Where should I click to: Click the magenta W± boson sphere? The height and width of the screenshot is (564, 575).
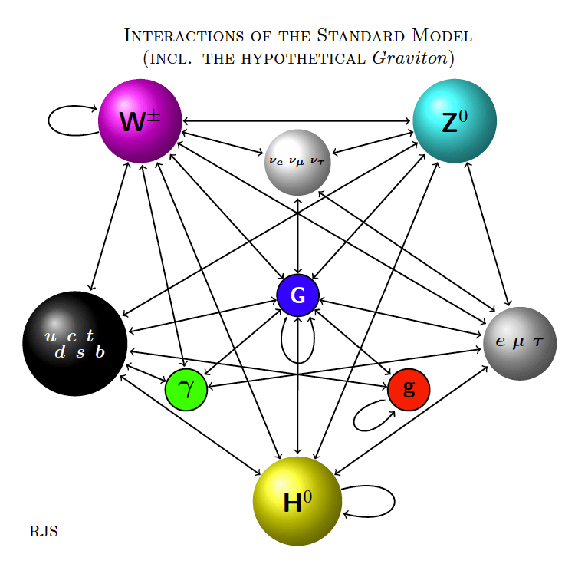(x=140, y=120)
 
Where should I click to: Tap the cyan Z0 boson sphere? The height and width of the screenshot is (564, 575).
(x=455, y=120)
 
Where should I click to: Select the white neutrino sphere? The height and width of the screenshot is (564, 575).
(x=297, y=163)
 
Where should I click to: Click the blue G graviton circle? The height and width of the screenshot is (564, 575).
(x=297, y=295)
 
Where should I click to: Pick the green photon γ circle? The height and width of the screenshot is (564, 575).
(x=186, y=389)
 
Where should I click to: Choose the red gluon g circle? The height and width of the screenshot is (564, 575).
(x=409, y=389)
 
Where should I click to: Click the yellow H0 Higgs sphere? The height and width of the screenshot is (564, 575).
(x=297, y=501)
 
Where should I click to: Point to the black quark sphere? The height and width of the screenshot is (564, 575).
(x=75, y=344)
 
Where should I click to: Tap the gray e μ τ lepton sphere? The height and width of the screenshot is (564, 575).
(x=520, y=344)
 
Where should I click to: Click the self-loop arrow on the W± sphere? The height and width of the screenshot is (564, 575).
(x=48, y=120)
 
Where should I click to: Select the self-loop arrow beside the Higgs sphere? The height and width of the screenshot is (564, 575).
(x=395, y=501)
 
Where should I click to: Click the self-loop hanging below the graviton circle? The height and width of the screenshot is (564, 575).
(x=297, y=363)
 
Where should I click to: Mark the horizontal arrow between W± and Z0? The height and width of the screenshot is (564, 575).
(x=296, y=120)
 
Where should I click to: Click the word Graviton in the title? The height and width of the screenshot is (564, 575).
(x=410, y=58)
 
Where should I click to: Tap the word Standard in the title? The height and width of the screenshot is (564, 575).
(x=360, y=35)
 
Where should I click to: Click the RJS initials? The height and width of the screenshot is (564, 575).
(x=44, y=531)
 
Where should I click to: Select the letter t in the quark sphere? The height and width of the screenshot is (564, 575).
(x=90, y=335)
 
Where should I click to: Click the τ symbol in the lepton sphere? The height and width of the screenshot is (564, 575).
(x=538, y=341)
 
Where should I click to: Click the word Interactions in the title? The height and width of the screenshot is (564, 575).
(x=184, y=35)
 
